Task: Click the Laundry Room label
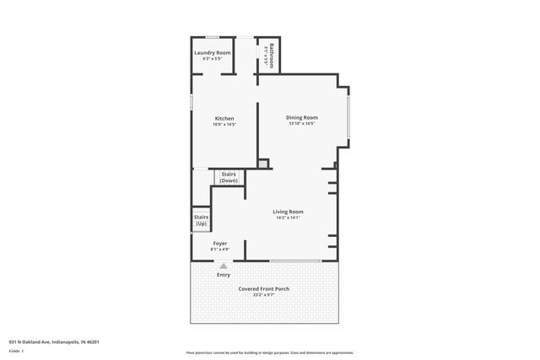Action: [x=212, y=53]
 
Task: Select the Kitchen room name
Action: [x=224, y=118]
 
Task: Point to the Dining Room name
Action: [x=301, y=117]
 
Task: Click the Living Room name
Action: [x=288, y=211]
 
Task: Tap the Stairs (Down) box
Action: [x=229, y=177]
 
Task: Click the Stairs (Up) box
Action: [x=201, y=220]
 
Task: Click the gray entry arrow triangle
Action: [x=224, y=266]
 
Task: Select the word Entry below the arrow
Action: [x=224, y=275]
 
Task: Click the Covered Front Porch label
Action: [x=264, y=288]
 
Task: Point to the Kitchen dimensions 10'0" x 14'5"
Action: [x=224, y=125]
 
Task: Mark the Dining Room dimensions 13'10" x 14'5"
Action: [x=301, y=124]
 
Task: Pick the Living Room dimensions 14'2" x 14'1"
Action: [x=288, y=218]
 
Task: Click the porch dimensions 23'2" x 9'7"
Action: [x=264, y=295]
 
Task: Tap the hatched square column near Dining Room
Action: [x=263, y=164]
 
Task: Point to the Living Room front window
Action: [x=295, y=261]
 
